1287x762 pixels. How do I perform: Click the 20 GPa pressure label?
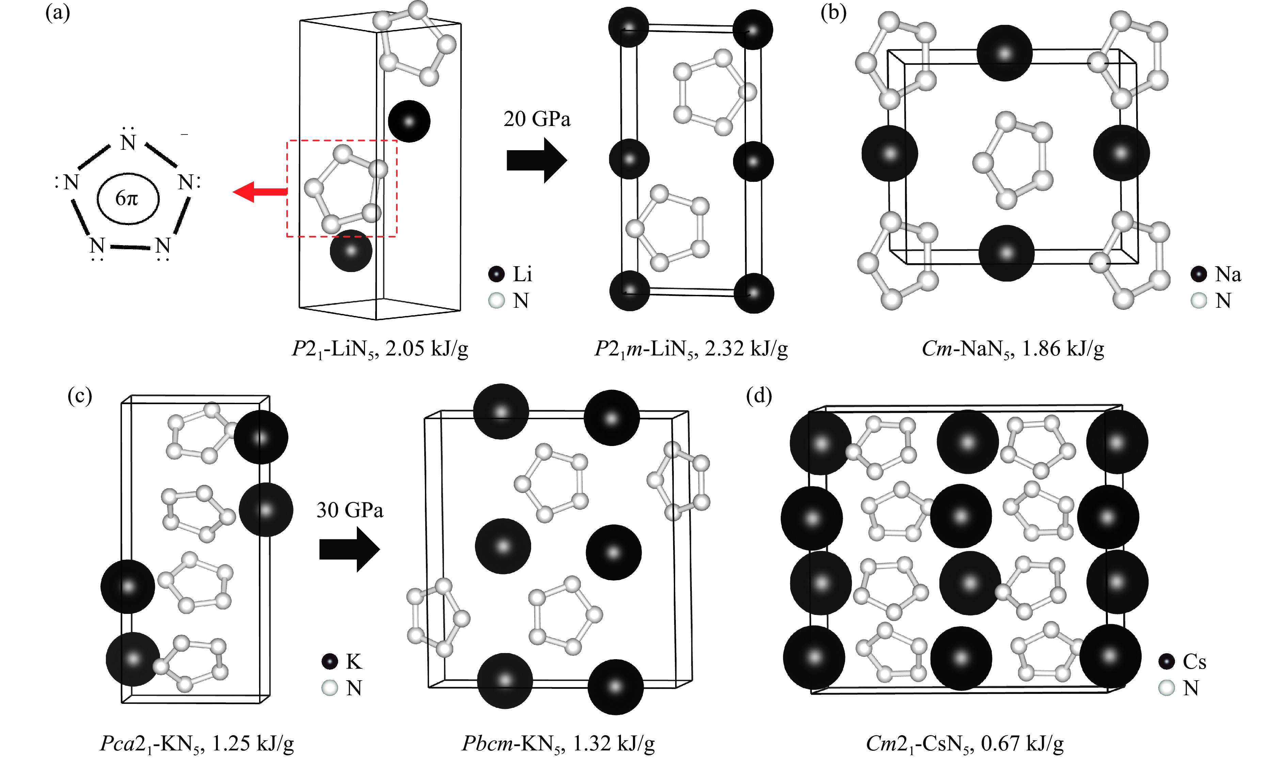pyautogui.click(x=537, y=119)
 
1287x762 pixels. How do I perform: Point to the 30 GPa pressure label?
pyautogui.click(x=350, y=510)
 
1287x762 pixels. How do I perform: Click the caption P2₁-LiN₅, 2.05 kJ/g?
pyautogui.click(x=380, y=349)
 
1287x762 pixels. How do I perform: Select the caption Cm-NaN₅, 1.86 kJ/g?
pyautogui.click(x=1012, y=349)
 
